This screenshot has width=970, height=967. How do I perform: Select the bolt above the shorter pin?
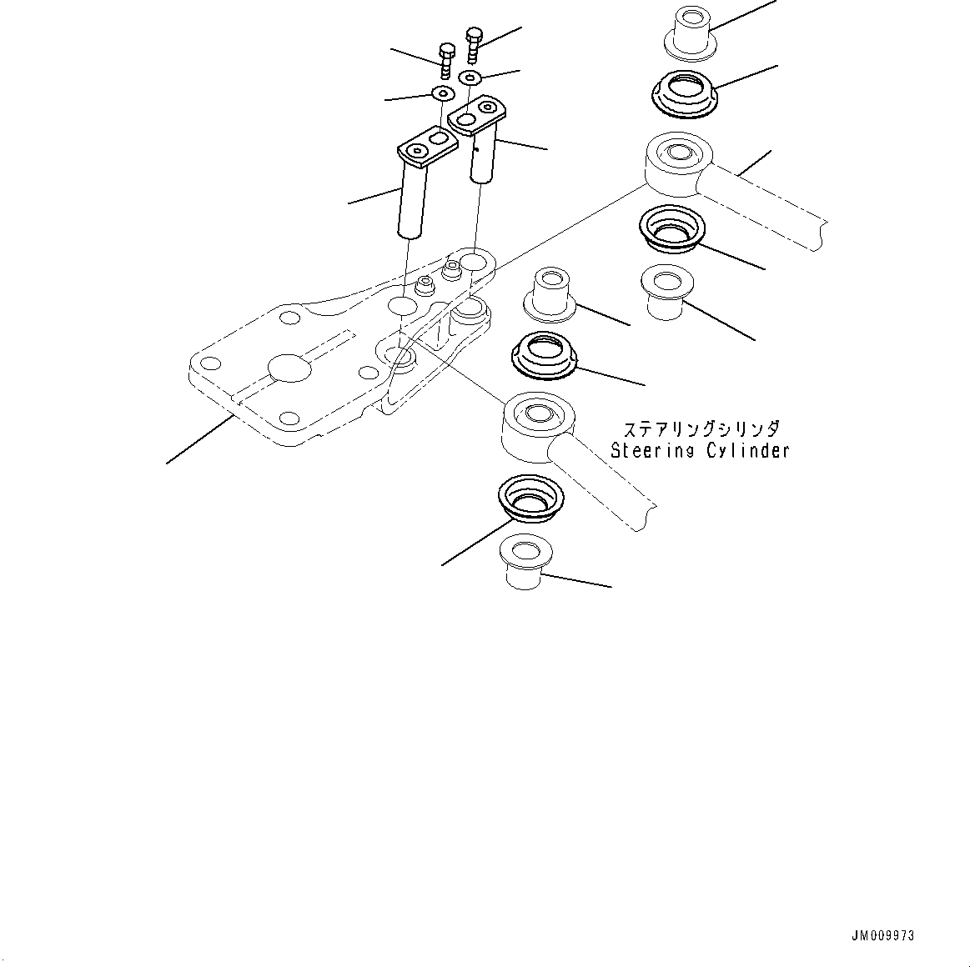[474, 43]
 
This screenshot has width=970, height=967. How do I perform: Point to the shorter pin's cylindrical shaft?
[483, 158]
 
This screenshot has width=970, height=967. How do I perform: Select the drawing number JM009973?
[883, 935]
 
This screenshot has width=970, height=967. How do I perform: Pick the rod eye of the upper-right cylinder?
[676, 160]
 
